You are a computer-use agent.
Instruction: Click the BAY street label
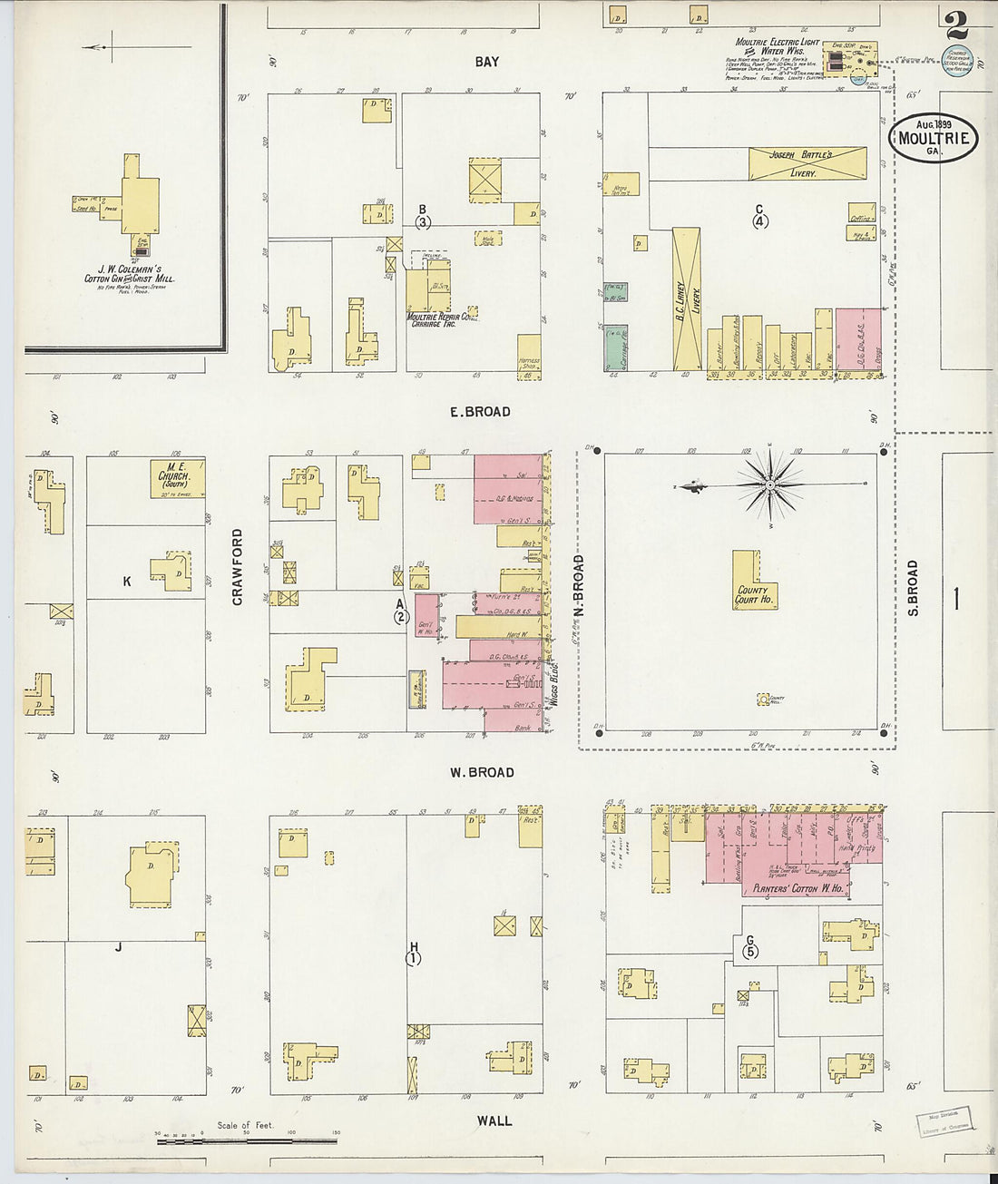tap(487, 62)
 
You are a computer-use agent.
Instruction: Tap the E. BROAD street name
tap(480, 412)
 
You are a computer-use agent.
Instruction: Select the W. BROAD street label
tap(482, 773)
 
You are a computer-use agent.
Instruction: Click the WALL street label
tap(494, 1121)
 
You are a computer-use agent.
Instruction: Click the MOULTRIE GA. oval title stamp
tap(934, 139)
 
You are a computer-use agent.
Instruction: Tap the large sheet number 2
tap(956, 24)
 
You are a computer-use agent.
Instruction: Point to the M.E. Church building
tap(177, 478)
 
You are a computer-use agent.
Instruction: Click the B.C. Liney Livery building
tap(686, 299)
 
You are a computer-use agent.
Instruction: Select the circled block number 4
tap(759, 220)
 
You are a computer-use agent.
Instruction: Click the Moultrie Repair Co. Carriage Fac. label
tap(443, 319)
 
